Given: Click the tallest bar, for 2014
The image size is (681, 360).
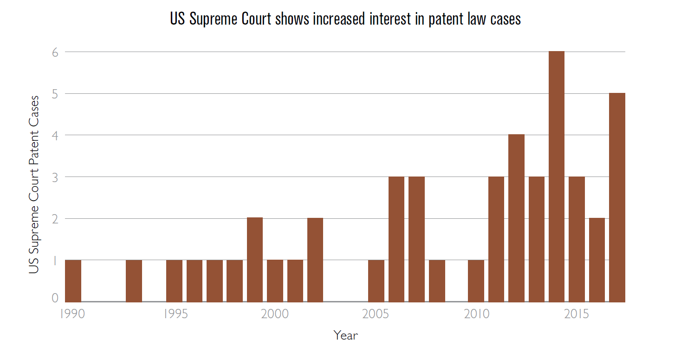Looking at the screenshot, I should (557, 177).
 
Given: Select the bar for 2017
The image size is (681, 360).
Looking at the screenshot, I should (617, 197).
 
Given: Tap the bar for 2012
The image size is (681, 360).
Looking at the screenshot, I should (516, 218).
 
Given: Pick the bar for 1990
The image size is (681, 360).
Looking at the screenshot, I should (73, 281).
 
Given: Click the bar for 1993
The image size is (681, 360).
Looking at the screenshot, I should (134, 281).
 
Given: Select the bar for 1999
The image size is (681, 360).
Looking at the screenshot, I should (255, 260).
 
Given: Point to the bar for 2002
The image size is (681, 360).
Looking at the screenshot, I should (315, 260).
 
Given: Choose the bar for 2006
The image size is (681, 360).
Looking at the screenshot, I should (396, 239).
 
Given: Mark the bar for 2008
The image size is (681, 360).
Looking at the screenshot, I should (437, 281).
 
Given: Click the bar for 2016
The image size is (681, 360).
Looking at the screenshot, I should (597, 260).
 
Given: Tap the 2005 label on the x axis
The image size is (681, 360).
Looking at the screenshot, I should (376, 314).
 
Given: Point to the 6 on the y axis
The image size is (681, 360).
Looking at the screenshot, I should (55, 52).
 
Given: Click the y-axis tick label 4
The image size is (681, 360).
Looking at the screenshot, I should (55, 135).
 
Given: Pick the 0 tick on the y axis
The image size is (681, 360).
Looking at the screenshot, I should (55, 298).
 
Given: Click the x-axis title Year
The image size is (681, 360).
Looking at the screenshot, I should (345, 335).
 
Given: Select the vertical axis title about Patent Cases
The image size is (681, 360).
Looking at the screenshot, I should (34, 185).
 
